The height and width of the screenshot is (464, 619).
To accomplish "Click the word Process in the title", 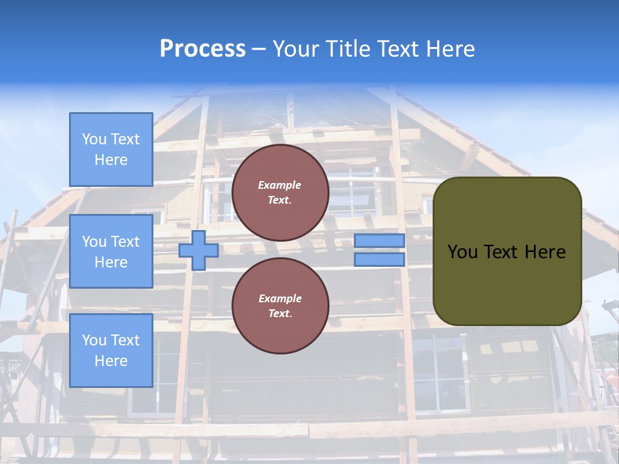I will tap(202, 49).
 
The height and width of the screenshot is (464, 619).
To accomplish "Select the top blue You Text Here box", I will tap(111, 150).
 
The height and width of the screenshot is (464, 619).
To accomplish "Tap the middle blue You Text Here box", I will tap(111, 251).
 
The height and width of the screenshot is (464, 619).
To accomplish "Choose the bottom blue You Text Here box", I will tap(111, 351).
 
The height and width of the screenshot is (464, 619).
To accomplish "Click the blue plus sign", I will tap(198, 251).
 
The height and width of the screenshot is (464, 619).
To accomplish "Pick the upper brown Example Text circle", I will tap(280, 193).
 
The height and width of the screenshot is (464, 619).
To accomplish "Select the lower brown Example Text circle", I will tap(280, 306).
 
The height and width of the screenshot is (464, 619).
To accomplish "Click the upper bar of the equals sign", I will tap(379, 241).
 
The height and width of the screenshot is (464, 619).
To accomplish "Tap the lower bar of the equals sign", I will tap(379, 260).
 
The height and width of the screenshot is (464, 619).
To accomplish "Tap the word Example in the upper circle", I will tap(280, 186).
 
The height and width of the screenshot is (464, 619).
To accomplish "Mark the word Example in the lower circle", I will tap(280, 299).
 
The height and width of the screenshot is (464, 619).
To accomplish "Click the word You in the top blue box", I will tap(94, 139).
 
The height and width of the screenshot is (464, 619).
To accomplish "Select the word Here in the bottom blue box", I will tap(111, 361).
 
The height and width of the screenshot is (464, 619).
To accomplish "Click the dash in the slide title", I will tap(259, 49).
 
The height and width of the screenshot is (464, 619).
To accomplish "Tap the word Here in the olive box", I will tap(545, 252).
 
